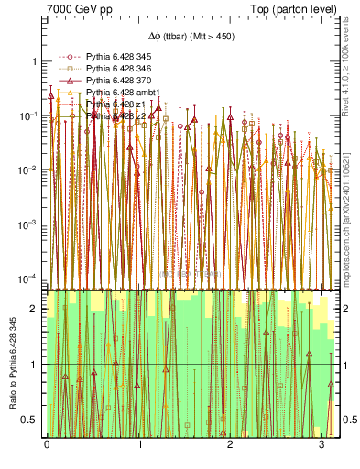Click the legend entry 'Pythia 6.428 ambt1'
[x=122, y=93]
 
